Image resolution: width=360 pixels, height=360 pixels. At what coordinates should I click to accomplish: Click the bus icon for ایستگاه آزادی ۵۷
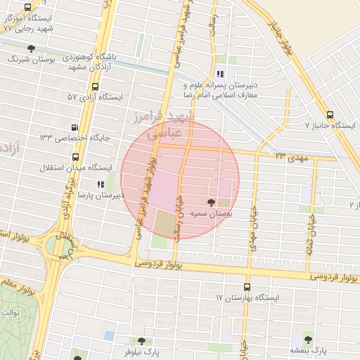point(95,86)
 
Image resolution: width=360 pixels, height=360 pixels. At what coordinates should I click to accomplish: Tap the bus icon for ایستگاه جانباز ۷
point(330,115)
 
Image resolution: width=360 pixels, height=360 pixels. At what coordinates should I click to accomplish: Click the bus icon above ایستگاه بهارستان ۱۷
point(246,287)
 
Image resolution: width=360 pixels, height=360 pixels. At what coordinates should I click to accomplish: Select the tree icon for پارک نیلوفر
point(141,340)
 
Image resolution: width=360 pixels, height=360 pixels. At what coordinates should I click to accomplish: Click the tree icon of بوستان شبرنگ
point(31,48)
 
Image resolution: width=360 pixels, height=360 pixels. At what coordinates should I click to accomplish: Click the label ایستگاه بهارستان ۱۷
point(247,297)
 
